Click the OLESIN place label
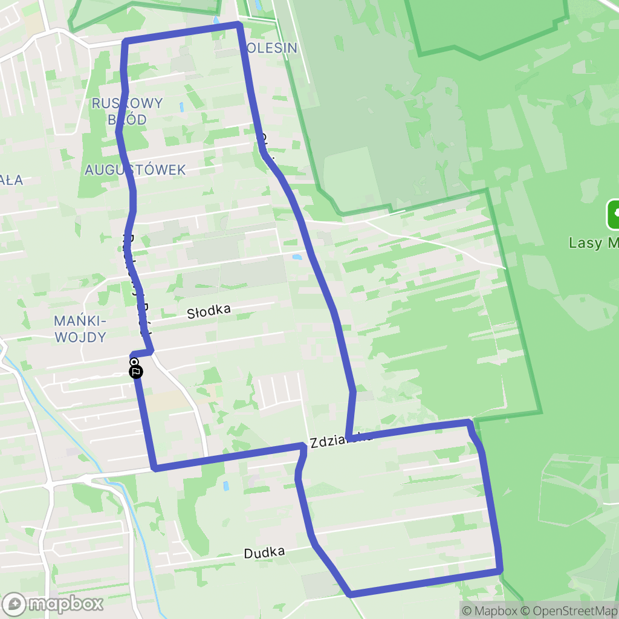pyautogui.click(x=272, y=48)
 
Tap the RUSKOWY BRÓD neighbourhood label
pyautogui.click(x=127, y=111)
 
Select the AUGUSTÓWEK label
pyautogui.click(x=135, y=170)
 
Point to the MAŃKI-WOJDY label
pyautogui.click(x=80, y=329)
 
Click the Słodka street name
pyautogui.click(x=209, y=312)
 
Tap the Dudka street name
pyautogui.click(x=264, y=553)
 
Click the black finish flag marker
pyautogui.click(x=137, y=372)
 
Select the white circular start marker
pyautogui.click(x=134, y=362)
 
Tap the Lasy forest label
pyautogui.click(x=592, y=243)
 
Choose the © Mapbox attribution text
pyautogui.click(x=489, y=611)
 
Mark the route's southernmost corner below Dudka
pyautogui.click(x=351, y=594)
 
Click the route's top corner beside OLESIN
pyautogui.click(x=239, y=25)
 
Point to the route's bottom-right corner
pyautogui.click(x=500, y=569)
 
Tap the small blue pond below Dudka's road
pyautogui.click(x=225, y=485)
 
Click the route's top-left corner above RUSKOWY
pyautogui.click(x=125, y=41)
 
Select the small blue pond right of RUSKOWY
pyautogui.click(x=181, y=108)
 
